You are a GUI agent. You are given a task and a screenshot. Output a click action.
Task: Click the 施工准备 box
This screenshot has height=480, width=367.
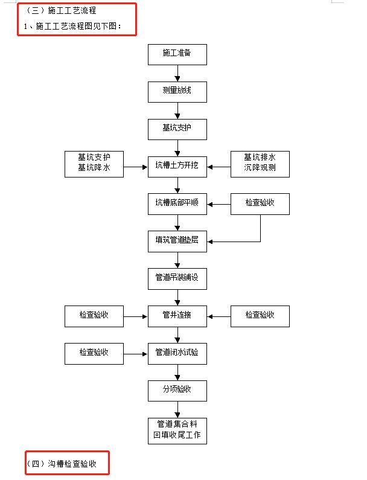point(177,54)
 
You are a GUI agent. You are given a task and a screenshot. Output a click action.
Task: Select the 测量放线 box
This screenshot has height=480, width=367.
point(177,91)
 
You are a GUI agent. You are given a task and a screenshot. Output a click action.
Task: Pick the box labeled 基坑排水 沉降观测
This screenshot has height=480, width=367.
point(260,163)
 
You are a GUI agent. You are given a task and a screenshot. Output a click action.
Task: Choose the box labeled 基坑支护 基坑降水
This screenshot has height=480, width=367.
point(94,163)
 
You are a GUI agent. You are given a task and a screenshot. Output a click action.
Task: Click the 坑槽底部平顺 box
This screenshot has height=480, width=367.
point(177,203)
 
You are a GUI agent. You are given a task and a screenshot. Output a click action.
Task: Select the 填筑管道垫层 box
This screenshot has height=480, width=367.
point(177,241)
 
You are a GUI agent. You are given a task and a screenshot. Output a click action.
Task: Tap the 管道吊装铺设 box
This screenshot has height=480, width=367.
point(177,278)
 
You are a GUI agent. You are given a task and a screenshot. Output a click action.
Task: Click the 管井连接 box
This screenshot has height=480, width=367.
point(177,316)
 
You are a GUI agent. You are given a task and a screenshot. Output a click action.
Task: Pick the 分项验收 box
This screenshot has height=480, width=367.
point(177,391)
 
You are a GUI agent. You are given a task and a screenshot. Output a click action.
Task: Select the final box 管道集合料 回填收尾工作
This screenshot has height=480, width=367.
point(177,430)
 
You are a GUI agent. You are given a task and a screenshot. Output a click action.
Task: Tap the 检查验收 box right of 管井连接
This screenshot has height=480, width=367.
point(260,316)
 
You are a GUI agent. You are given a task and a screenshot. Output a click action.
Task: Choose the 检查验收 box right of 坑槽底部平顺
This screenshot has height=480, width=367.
point(260,203)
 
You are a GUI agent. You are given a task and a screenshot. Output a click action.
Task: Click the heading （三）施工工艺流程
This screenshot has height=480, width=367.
point(60,11)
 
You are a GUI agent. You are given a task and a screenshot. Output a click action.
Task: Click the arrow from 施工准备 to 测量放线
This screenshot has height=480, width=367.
point(177,72)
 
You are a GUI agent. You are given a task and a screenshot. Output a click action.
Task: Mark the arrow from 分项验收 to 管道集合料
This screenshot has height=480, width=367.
point(177,409)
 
